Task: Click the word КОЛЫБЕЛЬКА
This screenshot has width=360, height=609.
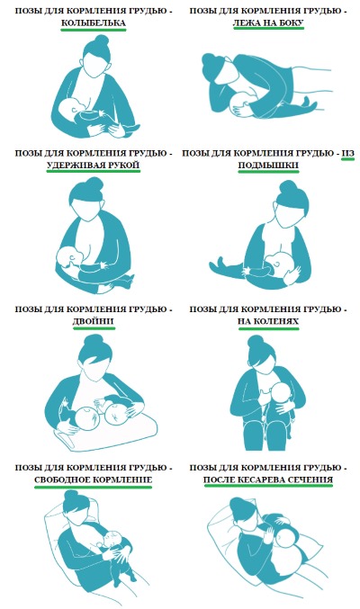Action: click(x=94, y=22)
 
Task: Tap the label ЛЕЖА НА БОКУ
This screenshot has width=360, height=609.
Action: click(x=268, y=22)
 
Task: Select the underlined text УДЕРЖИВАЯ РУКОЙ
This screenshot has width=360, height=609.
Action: click(x=94, y=166)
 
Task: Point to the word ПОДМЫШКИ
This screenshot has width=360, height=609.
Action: click(x=268, y=166)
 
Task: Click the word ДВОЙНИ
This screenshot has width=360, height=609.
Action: click(x=94, y=321)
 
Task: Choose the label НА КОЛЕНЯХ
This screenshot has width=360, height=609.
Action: click(x=268, y=321)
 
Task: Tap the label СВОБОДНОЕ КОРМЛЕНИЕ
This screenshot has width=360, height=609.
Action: click(x=94, y=479)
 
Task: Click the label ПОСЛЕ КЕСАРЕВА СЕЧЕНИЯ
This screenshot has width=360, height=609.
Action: click(x=268, y=479)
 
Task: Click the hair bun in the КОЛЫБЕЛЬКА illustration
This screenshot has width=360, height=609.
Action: click(x=101, y=40)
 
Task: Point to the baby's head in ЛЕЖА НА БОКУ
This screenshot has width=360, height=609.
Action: click(x=238, y=103)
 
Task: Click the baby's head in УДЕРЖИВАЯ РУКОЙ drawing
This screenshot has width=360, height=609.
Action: click(x=68, y=256)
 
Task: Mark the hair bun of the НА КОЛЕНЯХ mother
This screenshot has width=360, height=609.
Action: click(x=255, y=342)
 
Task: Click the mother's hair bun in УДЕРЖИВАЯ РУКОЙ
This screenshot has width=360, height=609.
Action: click(x=94, y=184)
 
